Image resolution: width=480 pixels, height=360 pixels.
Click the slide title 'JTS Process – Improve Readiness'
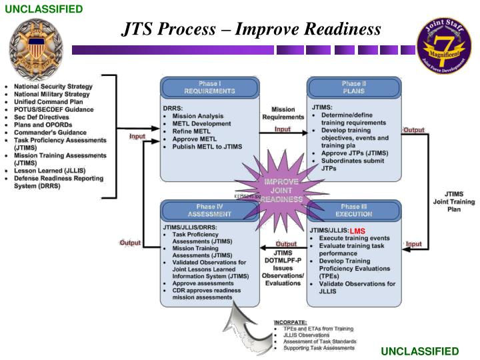(x=251, y=29)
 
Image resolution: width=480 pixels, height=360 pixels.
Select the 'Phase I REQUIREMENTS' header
(x=209, y=87)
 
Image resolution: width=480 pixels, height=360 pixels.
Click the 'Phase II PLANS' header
(x=354, y=87)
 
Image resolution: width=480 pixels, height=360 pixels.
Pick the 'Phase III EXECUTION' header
(x=354, y=210)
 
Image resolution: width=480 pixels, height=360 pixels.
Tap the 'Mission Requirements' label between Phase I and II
(x=283, y=113)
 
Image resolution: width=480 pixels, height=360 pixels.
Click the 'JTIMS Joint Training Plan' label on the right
(x=454, y=201)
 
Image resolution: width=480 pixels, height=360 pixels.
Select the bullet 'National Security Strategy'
(x=53, y=87)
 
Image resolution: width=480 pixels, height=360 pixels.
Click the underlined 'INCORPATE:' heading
(x=290, y=322)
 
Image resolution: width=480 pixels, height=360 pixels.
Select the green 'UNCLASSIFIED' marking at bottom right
(x=420, y=351)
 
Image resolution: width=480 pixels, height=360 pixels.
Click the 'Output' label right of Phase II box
(x=413, y=130)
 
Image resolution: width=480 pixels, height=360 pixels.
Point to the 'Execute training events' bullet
(x=354, y=238)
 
